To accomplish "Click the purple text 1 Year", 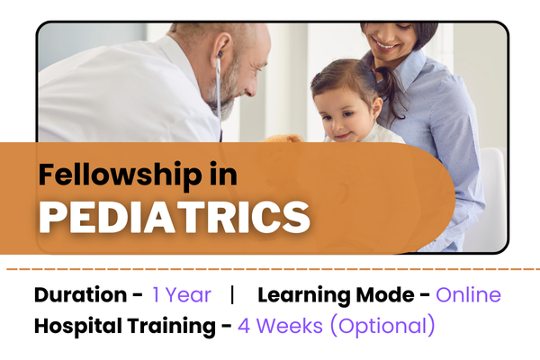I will point(182,294).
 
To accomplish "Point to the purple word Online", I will point(468,294).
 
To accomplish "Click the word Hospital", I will point(76,325).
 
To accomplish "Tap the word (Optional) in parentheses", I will point(385,325).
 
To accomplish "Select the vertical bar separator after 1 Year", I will point(233,294).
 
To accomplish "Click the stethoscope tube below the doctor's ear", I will point(218,99).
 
